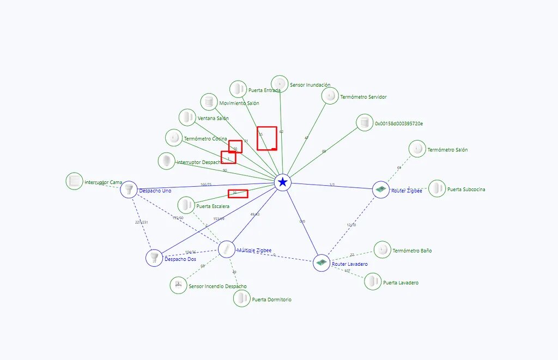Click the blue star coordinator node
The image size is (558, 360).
point(282,182)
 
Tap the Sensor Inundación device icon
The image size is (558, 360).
point(280,84)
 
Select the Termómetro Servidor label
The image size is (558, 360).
point(363,97)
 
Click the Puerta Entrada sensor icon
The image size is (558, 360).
point(238,89)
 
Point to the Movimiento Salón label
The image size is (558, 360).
point(239,103)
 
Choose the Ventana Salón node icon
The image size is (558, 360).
point(187,117)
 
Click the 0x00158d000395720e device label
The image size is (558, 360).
point(398,124)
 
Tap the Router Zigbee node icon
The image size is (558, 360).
point(381,190)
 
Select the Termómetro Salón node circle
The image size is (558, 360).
point(417,149)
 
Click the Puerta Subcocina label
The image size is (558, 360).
point(466,190)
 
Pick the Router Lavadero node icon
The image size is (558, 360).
point(322,263)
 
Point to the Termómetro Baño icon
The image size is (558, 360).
point(383,250)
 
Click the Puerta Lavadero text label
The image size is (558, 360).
point(401,283)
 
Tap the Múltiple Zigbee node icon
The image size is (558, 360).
point(226,249)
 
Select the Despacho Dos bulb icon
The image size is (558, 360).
point(154,257)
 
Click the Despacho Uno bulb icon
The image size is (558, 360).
point(129,190)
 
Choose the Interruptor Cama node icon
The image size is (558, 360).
point(74,181)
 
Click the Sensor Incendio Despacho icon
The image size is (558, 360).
point(178,285)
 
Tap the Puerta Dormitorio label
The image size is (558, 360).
point(271,300)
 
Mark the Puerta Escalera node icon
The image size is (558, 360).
point(186,205)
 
